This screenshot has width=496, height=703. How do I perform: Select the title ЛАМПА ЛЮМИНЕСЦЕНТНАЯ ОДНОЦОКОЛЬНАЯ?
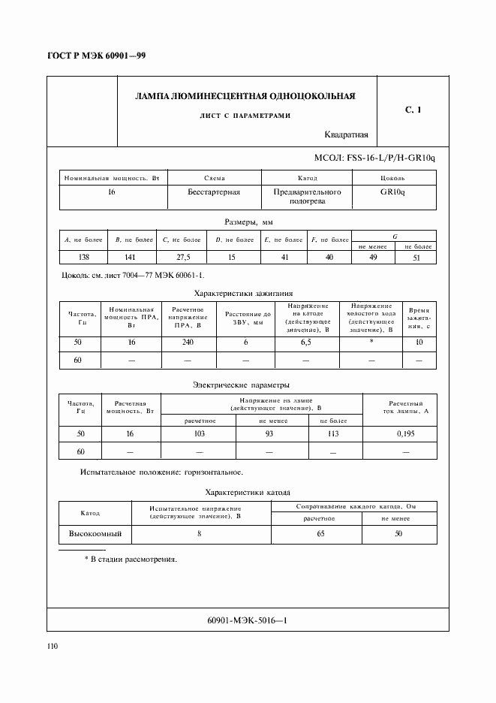click(245, 96)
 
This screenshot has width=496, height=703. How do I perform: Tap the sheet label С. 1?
click(413, 110)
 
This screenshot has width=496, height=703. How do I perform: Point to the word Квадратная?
click(346, 135)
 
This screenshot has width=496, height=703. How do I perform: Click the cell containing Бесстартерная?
click(214, 192)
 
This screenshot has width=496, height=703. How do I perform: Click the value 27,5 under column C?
click(182, 257)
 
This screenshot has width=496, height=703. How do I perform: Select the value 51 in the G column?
click(417, 258)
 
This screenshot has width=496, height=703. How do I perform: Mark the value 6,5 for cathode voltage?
click(306, 342)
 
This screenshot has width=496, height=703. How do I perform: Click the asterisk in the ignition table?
click(371, 342)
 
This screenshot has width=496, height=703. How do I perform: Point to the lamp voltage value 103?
click(200, 433)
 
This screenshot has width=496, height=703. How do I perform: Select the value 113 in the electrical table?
click(335, 433)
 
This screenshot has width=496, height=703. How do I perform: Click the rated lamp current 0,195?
click(405, 433)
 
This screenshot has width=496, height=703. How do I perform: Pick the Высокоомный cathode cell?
click(95, 534)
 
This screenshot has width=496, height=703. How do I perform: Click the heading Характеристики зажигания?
click(243, 294)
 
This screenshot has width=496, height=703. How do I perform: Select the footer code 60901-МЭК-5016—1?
click(247, 620)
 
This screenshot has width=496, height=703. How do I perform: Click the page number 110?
click(53, 646)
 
